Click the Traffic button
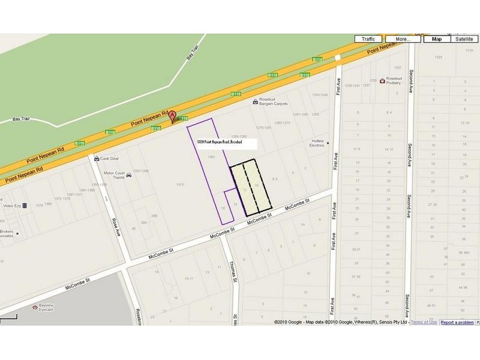[x=368, y=39]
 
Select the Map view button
[x=437, y=39]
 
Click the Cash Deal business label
[x=109, y=159]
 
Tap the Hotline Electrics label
[x=316, y=142]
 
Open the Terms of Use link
[x=424, y=322]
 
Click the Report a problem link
[x=457, y=322]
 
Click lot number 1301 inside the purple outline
[x=211, y=157]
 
